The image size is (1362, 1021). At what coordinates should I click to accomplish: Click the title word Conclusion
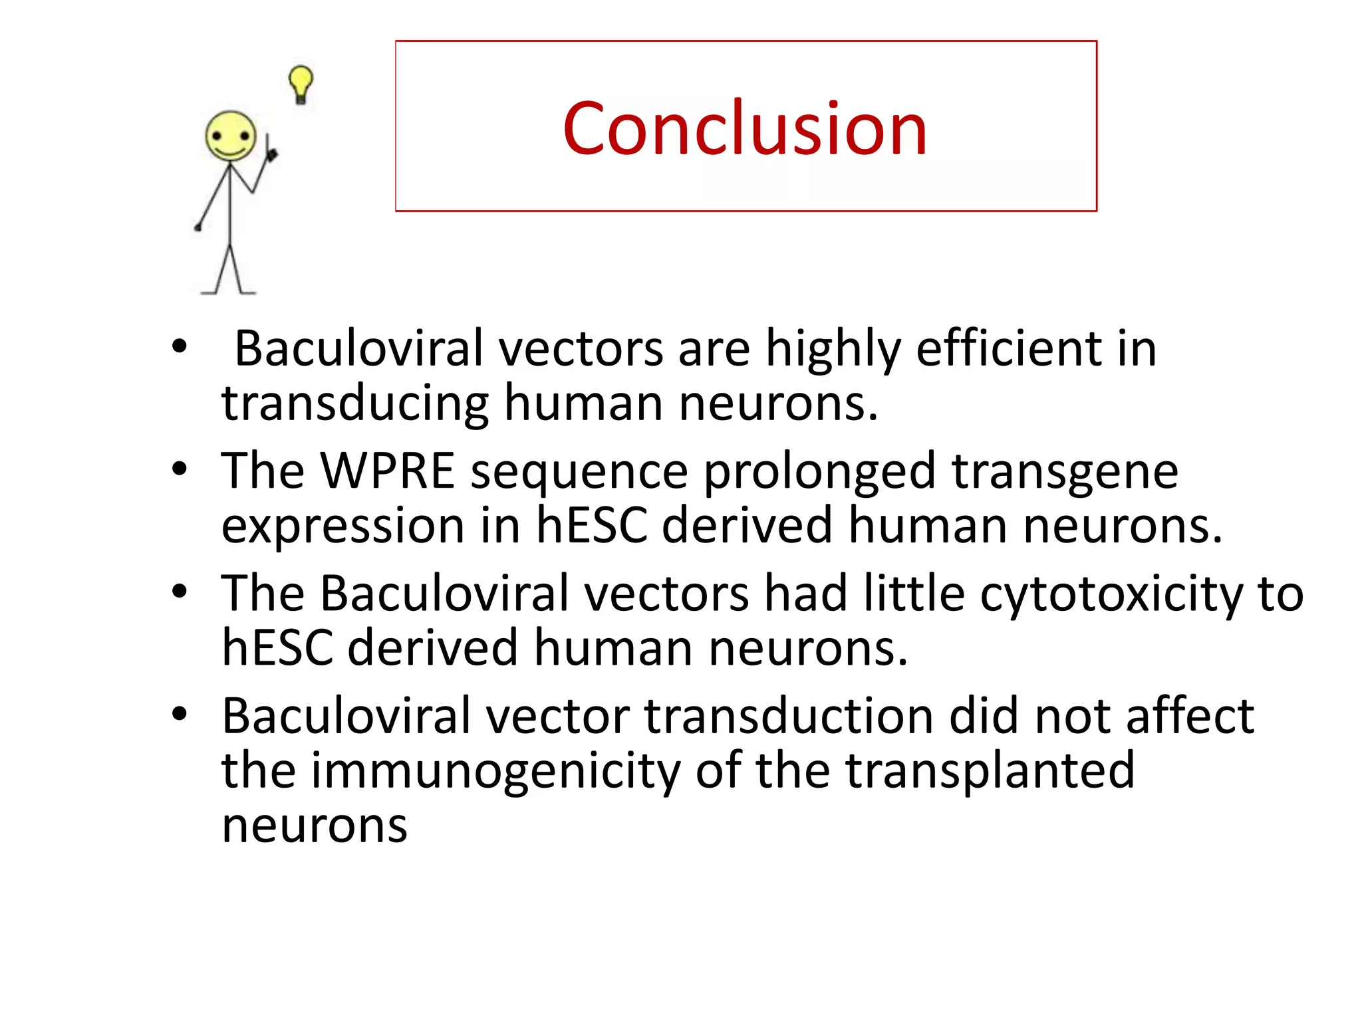coord(745,128)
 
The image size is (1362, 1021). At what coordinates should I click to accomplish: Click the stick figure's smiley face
coord(230,136)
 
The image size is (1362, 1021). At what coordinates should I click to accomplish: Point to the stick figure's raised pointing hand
coord(270,153)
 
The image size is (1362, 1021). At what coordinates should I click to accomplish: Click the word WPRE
coord(388,471)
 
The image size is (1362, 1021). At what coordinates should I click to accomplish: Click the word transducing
coord(355,404)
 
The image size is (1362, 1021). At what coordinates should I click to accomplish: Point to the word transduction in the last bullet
coord(789,717)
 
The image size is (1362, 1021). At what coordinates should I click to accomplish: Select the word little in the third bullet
coord(914,593)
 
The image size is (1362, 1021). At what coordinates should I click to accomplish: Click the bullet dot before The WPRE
coord(179,469)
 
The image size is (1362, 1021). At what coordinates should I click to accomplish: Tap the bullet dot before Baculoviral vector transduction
coord(179,713)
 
